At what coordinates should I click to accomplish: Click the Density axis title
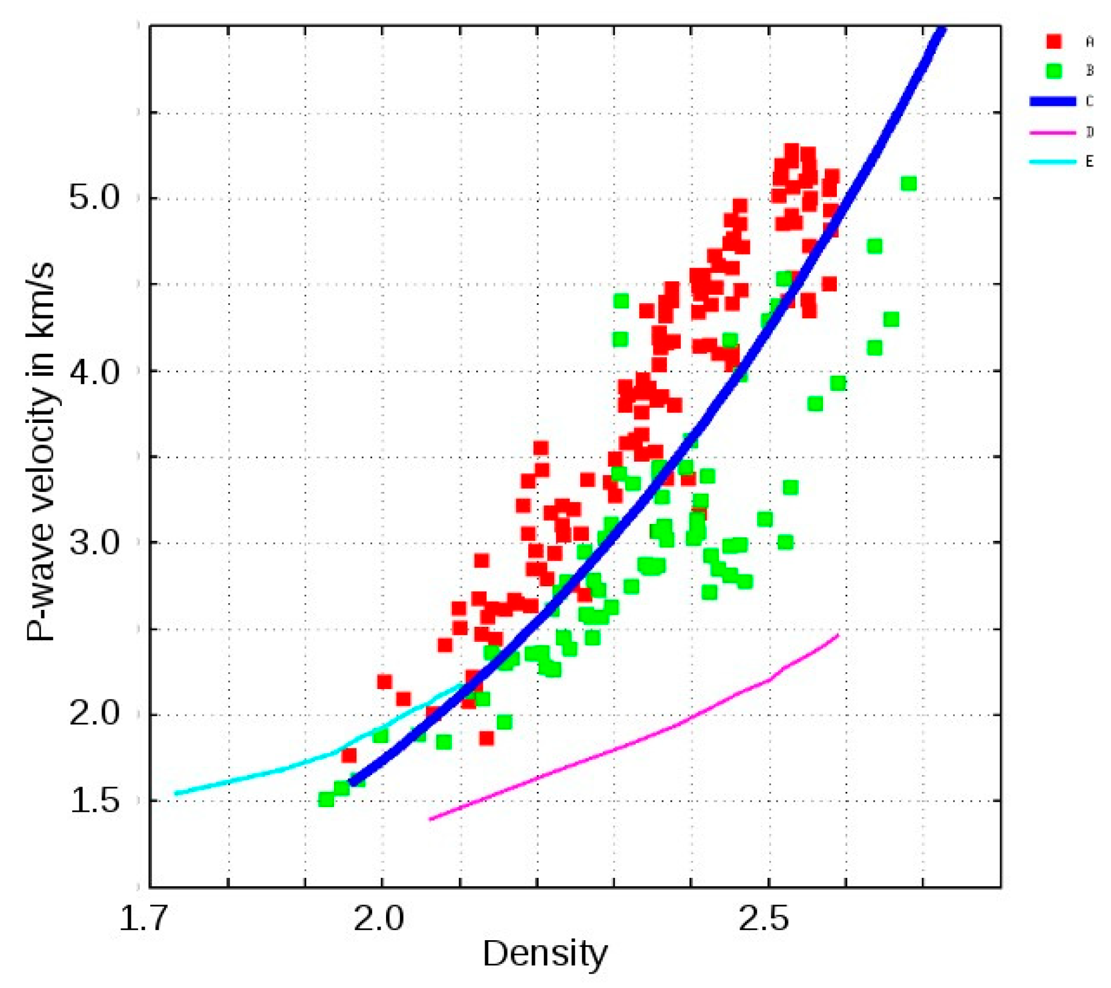[545, 954]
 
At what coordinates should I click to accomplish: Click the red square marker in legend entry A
[1054, 41]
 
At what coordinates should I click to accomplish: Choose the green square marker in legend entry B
[1054, 71]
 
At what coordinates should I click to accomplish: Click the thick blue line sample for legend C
[1053, 101]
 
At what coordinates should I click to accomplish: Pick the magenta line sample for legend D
[1053, 132]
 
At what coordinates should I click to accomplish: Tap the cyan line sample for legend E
[1053, 162]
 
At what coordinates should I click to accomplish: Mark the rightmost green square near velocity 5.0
[908, 183]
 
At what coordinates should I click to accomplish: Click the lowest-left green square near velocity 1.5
[326, 800]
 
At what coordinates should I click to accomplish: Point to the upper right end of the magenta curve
[838, 635]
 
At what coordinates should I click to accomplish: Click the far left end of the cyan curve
[176, 793]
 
